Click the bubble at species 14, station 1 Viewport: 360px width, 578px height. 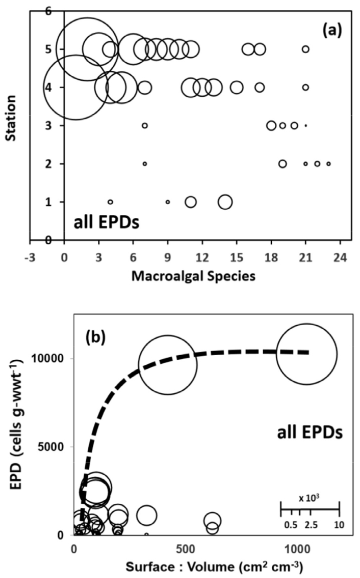coord(225,202)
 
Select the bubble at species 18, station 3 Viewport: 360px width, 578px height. coord(271,125)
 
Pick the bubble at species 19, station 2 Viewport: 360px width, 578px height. coord(283,164)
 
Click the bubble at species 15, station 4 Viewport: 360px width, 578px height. coord(237,87)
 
